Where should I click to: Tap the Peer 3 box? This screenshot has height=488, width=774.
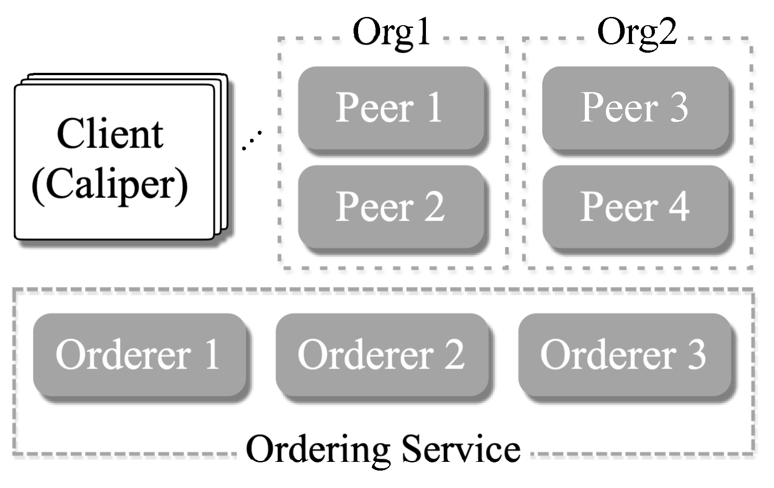(x=635, y=107)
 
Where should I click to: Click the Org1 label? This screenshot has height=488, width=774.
(x=392, y=33)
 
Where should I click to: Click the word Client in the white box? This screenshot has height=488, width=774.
(x=110, y=134)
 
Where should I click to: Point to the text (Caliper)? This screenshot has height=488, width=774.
(x=110, y=184)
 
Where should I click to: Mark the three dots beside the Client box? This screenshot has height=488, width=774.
(x=252, y=140)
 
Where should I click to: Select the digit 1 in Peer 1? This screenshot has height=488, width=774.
(x=434, y=107)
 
